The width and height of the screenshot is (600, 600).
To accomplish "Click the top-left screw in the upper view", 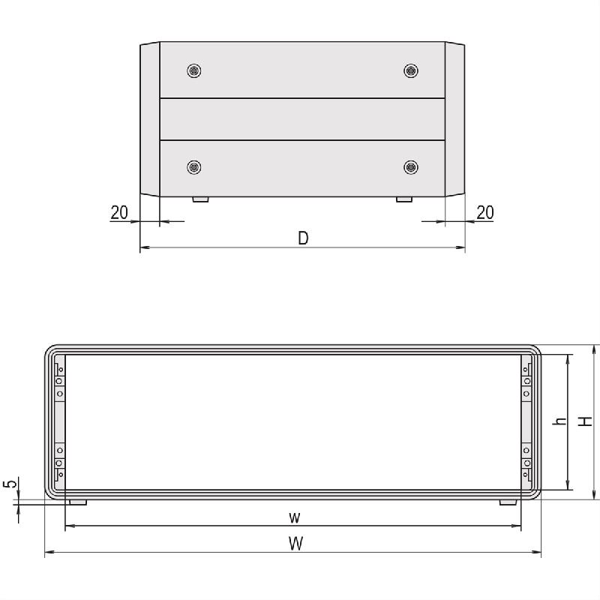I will coord(194,70).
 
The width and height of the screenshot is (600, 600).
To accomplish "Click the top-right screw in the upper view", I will coord(410,70).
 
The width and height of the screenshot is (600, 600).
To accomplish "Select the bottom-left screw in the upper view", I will coord(194,166).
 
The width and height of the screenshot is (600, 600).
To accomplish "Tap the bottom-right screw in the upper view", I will coord(410,166).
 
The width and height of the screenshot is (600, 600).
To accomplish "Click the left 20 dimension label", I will coord(119,212).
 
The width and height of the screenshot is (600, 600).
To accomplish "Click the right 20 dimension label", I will coord(485,212).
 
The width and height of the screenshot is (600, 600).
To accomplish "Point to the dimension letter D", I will coord(303,238).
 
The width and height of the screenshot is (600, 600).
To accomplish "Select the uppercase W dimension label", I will coord(296,544).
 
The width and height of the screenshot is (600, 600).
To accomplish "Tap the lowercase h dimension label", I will coord(559,422).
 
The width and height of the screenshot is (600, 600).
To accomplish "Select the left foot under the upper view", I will coord(201,199).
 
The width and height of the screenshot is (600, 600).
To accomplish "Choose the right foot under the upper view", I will coord(403,199).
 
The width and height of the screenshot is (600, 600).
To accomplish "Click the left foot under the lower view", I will coord(77,502).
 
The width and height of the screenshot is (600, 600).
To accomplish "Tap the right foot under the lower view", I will coord(508,502).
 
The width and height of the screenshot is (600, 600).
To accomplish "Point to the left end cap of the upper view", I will coord(150,119).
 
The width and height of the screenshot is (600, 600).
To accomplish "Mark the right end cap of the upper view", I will coord(454,119).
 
